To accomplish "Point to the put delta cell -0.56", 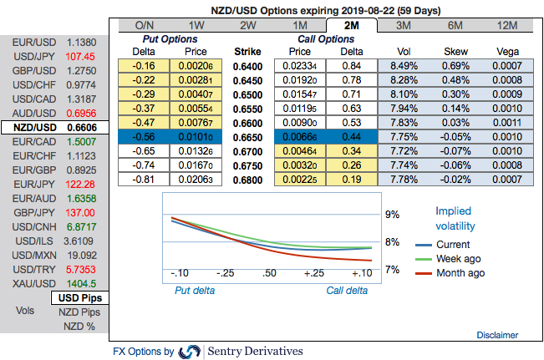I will click(146, 135).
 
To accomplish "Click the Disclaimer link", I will click(497, 335).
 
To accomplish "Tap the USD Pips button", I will click(80, 298).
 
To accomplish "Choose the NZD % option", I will click(80, 326).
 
